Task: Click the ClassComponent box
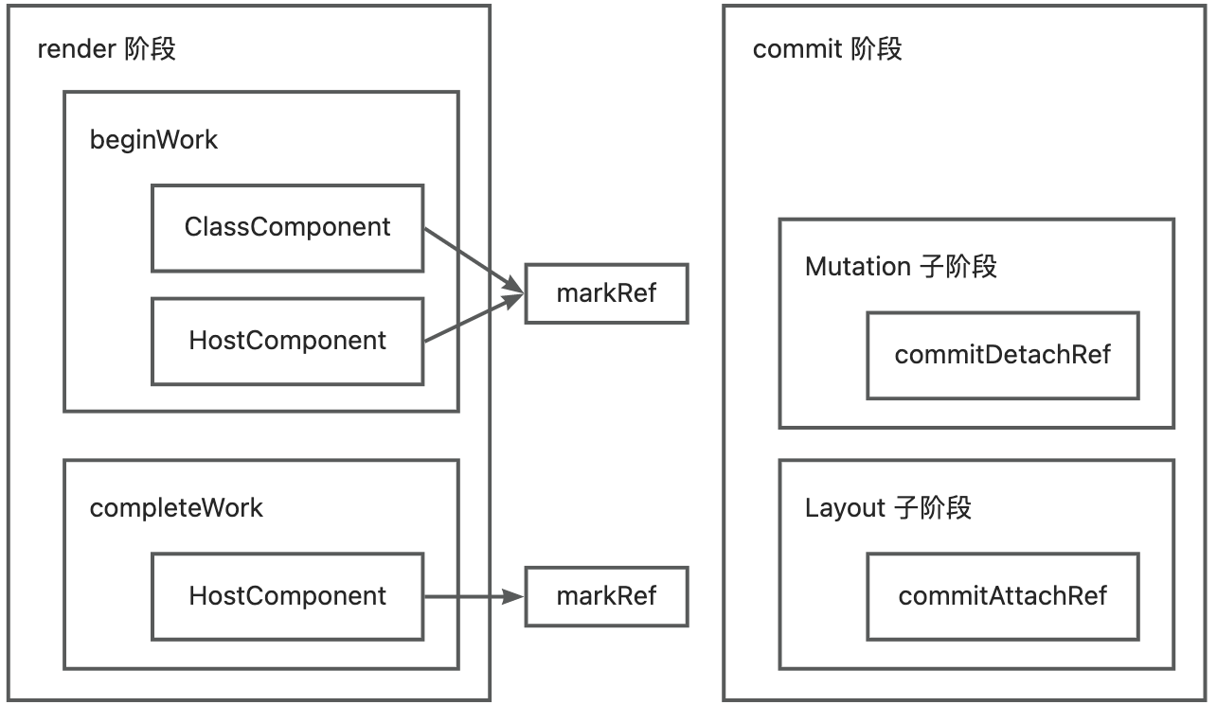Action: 287,228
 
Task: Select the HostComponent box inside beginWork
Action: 287,341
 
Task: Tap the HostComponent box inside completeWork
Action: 287,596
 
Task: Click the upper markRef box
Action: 606,293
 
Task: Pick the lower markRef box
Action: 606,596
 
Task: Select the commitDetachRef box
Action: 1002,355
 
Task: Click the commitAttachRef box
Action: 1002,596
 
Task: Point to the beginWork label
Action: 153,140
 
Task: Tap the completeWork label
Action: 176,508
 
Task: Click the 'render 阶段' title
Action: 106,49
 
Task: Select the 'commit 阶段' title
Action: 827,49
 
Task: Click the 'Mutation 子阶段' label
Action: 901,267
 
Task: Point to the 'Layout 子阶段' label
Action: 887,508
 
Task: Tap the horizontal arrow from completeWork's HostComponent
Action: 474,596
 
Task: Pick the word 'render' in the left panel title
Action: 76,49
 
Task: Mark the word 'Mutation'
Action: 858,267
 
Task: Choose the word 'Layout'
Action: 845,508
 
